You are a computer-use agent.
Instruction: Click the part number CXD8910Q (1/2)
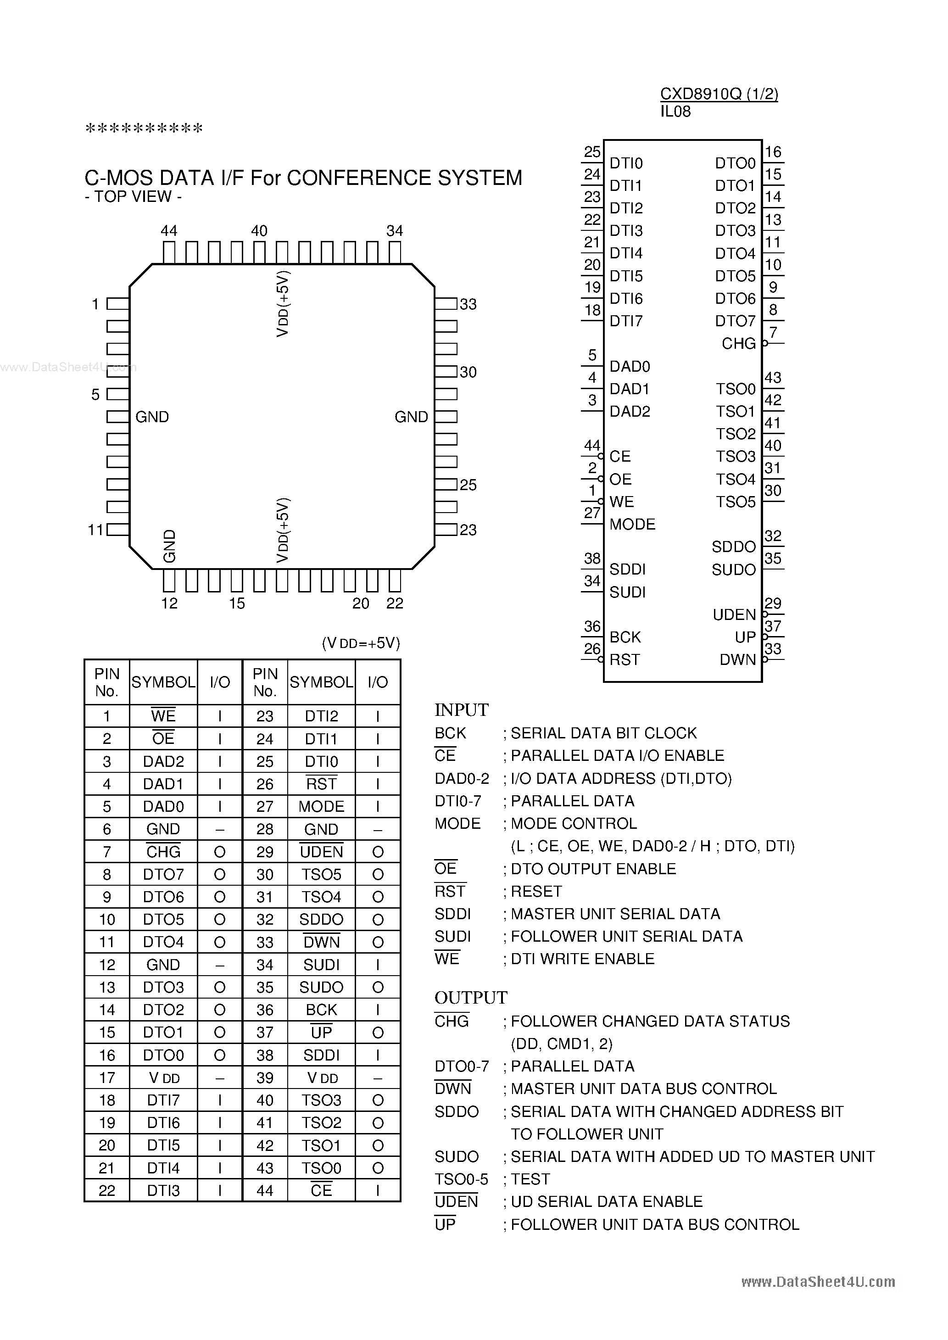tap(719, 94)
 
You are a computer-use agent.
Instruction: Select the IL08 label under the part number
tap(675, 112)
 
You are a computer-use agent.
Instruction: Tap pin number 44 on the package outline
tap(169, 231)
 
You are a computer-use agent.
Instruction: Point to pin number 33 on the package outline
tap(468, 304)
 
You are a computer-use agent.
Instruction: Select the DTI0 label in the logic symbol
tap(626, 163)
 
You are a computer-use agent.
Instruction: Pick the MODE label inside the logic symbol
tap(632, 524)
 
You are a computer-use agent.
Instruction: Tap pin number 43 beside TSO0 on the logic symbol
tap(773, 378)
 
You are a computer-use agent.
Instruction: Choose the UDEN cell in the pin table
tap(321, 852)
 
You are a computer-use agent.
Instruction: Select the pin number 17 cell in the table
tap(107, 1078)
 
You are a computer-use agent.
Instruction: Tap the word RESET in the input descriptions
tap(536, 891)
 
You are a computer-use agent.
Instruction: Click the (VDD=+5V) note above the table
tap(361, 643)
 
